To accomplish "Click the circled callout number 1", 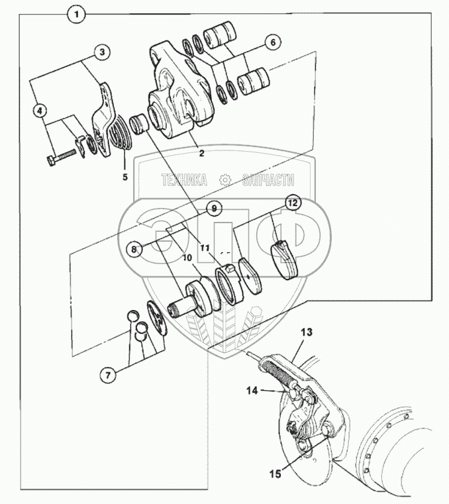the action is coord(77,15).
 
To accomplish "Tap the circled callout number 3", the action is coord(102,52).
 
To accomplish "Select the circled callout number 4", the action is coord(40,111).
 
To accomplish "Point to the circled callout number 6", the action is coord(273,42).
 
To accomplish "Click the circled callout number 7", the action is coord(108,374).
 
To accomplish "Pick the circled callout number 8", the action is coord(134,249).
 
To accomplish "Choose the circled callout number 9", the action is coord(214,209).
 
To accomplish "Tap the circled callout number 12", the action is coord(293,203).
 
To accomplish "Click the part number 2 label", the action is coord(201,154).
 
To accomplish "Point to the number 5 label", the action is coord(125,177).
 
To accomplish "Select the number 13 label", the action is coord(307,332).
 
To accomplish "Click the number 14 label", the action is coord(252,391).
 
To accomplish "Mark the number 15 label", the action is coord(275,474).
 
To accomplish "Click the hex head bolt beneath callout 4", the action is coord(63,156).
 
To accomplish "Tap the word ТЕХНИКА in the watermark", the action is coord(185,180).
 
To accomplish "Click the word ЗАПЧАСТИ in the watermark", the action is coord(268,180).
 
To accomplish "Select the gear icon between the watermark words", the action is coord(225,180).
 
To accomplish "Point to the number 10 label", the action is coord(187,258).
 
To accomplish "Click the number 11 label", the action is coord(205,248).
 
